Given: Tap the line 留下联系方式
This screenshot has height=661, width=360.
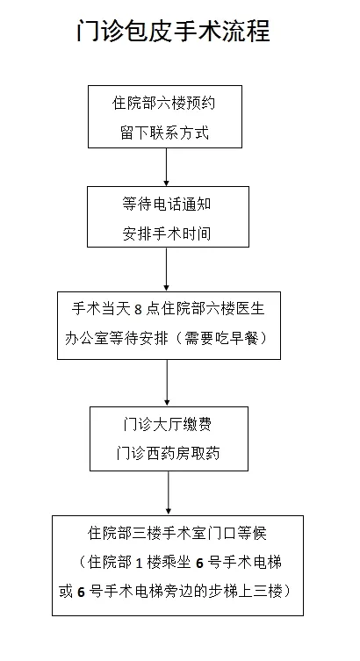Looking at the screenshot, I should [x=166, y=133].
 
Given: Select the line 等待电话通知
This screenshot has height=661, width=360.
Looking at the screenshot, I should [x=166, y=205].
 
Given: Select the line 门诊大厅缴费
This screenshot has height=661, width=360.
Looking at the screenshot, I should [x=166, y=425].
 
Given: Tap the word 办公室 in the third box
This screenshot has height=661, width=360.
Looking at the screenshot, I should [x=93, y=338].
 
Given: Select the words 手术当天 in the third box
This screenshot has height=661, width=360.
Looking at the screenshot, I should [x=99, y=310].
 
